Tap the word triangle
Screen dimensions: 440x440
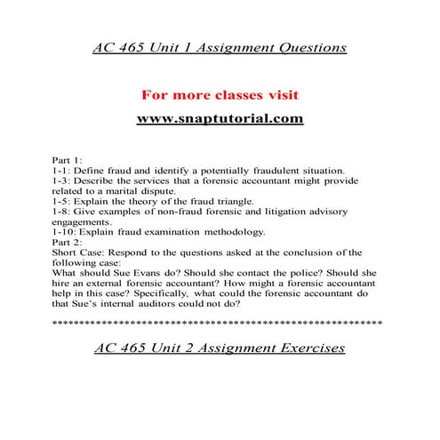pyautogui.click(x=234, y=203)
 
